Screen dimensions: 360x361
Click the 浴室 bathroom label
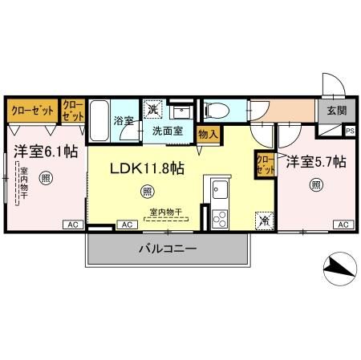[123, 120]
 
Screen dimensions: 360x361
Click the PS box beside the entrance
[350, 130]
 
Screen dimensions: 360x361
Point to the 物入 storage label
[207, 136]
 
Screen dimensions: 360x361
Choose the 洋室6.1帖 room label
[45, 149]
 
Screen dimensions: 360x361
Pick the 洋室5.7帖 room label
[316, 161]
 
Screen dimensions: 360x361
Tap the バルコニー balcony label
[168, 250]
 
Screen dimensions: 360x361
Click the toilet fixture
[217, 110]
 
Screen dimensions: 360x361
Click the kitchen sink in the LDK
[219, 190]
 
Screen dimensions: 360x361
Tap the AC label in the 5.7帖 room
[343, 224]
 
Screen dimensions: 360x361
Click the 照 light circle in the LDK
[146, 191]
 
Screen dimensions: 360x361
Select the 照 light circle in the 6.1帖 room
[47, 177]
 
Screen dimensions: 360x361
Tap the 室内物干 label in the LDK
[165, 212]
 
